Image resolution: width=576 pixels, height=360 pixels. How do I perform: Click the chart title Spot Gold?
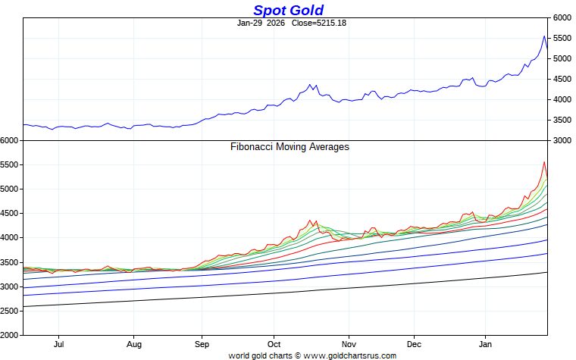[x=288, y=10]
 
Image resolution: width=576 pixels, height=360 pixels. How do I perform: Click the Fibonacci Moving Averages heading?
[x=290, y=147]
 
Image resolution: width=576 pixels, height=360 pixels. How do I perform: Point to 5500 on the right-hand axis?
[x=562, y=38]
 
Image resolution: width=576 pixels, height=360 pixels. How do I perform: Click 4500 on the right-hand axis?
[x=562, y=79]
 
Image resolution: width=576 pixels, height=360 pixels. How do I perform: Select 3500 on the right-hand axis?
[x=562, y=120]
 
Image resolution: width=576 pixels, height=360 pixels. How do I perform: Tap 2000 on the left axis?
[x=10, y=335]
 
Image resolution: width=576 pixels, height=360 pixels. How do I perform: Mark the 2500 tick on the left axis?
[x=10, y=311]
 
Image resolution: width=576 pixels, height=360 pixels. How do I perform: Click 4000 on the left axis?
[x=10, y=238]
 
